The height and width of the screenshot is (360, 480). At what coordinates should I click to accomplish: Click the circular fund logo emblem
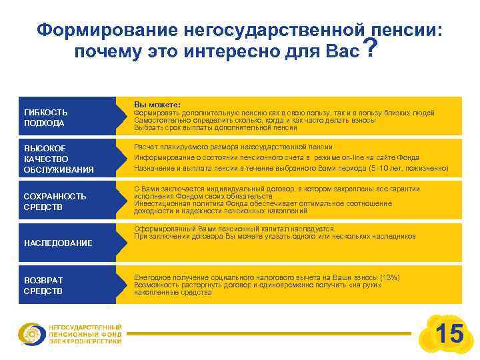tap(31, 334)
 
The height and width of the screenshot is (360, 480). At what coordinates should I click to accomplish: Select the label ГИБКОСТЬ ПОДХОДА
tap(45, 117)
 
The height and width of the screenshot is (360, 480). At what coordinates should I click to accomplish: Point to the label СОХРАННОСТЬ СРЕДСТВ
tap(55, 201)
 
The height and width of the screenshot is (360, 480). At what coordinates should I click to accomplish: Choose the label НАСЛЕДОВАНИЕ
tap(58, 243)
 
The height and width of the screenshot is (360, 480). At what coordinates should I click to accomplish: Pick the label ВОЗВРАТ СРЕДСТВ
tap(43, 285)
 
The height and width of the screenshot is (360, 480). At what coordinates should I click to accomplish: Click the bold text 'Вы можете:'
tap(157, 105)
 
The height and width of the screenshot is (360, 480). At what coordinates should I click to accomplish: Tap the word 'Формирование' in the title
tap(99, 30)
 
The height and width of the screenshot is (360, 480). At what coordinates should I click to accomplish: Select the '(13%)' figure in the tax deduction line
tap(389, 277)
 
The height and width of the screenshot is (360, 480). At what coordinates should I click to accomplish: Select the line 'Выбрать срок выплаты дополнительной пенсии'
tap(215, 127)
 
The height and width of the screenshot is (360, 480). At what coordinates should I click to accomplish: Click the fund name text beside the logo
tap(85, 334)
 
